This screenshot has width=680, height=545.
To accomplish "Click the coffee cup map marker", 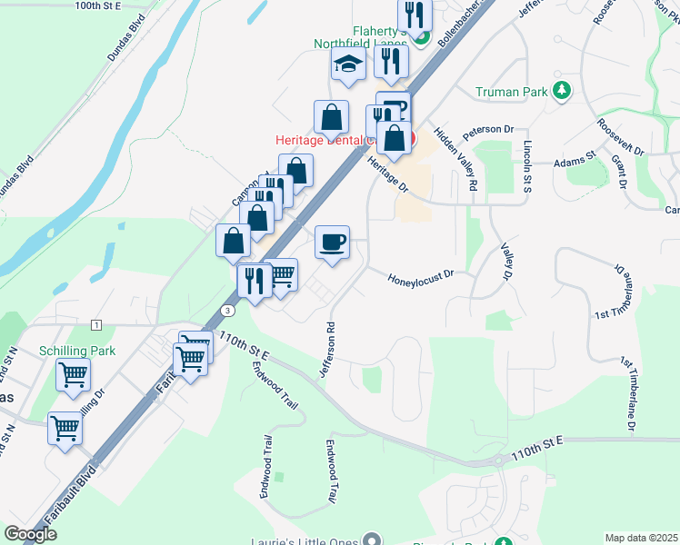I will pos(332,243).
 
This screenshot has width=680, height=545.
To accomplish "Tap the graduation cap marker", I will pos(346,64).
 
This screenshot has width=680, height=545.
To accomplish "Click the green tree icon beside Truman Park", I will pos(563,90).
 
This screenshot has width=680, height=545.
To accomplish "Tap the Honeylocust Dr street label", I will pos(421,276).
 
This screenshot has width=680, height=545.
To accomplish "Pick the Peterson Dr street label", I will pos(488,131).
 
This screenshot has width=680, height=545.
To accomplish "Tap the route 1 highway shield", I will pos(95,324).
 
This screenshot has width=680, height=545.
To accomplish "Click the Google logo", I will pos(31,534).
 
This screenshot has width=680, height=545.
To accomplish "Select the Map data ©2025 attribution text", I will pos(642,538).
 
